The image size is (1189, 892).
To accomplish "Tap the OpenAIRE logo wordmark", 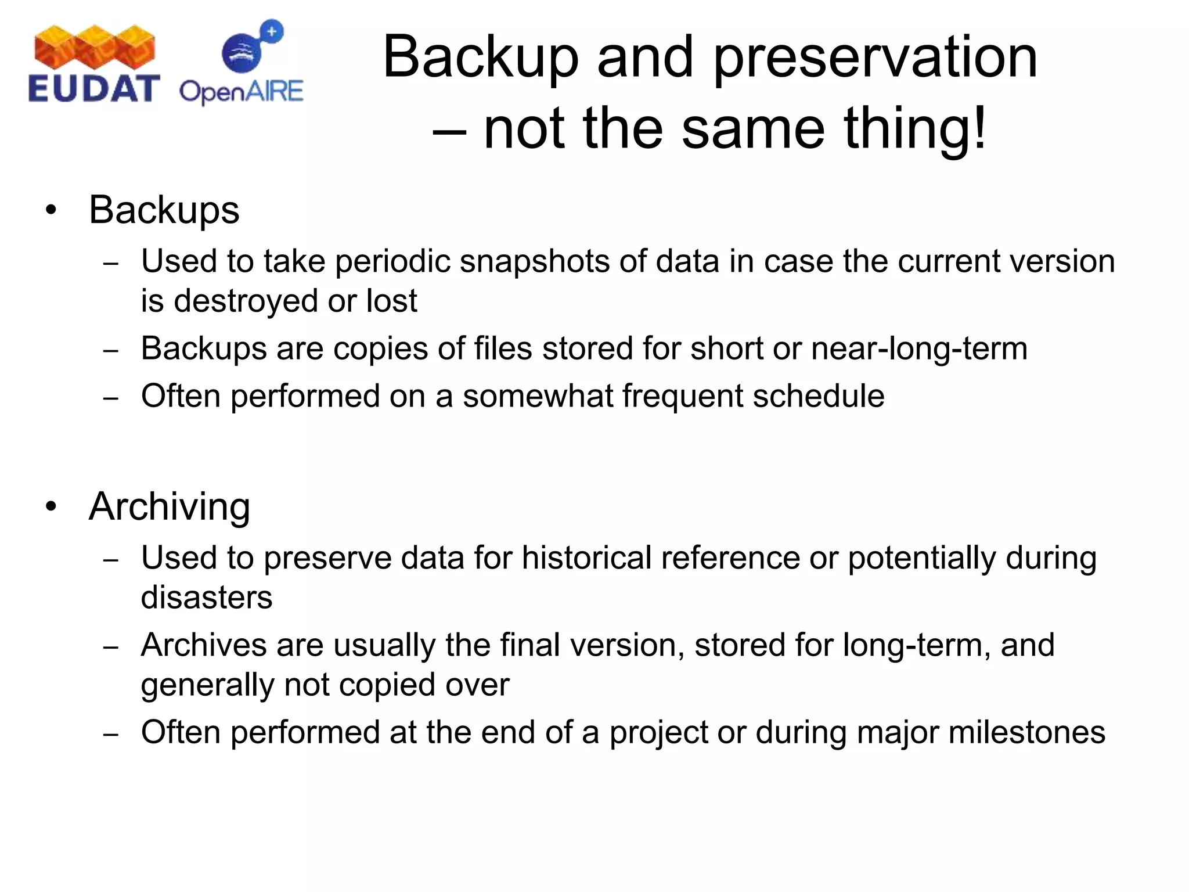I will pos(241,92).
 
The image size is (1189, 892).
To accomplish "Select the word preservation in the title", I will pos(875,58).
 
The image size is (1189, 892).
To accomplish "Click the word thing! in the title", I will pos(914,129).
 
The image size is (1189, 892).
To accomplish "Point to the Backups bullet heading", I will pos(164,210).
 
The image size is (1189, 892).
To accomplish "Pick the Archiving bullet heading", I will pos(169,506).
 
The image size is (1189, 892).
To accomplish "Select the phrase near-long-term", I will pos(918,348).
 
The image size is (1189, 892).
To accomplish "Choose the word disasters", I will pos(206,598).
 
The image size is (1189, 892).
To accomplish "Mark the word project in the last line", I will pos(658,733).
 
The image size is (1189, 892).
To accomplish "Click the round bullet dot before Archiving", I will pos(52,506).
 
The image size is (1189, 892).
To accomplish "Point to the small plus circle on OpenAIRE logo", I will pos(272,31).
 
